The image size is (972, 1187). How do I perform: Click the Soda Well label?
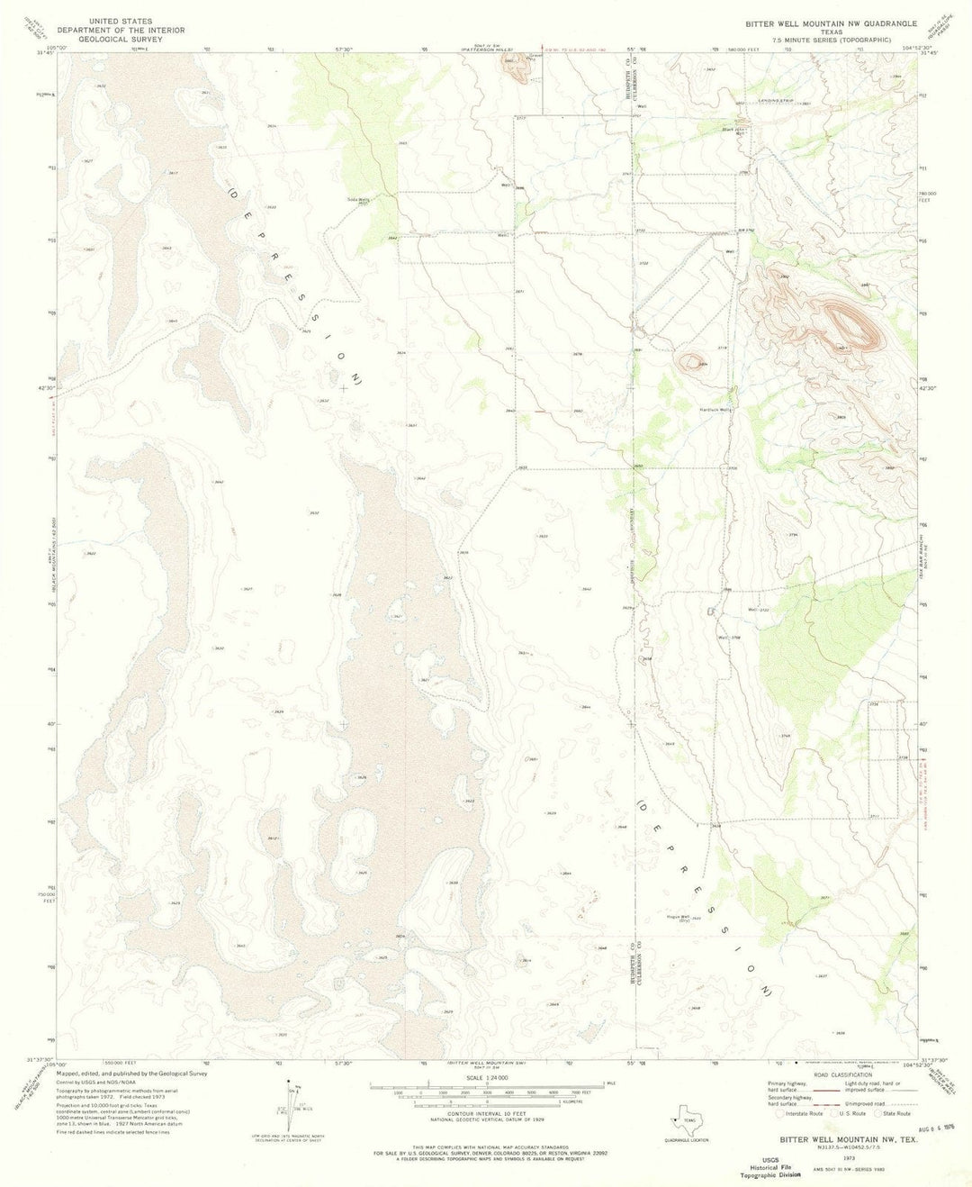pos(358,199)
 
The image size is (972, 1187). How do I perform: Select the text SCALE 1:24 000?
pos(485,1078)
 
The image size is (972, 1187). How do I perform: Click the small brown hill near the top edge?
pos(516,69)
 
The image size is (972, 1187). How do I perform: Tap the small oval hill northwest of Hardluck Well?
pos(690,362)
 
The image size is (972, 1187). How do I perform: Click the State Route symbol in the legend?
pos(880,1114)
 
